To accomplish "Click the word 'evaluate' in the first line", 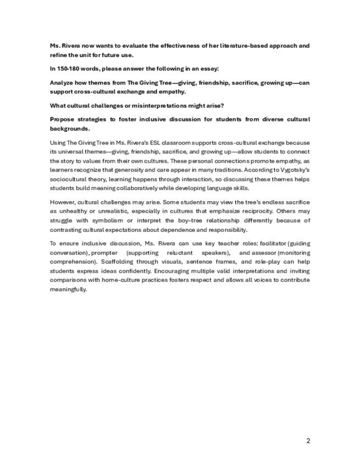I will tap(126, 46).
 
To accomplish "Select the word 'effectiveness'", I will tap(173, 46).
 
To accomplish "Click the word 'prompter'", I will tap(104, 253).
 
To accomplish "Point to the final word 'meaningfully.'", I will tap(69, 289).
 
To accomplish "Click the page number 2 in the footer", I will tap(308, 441).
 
